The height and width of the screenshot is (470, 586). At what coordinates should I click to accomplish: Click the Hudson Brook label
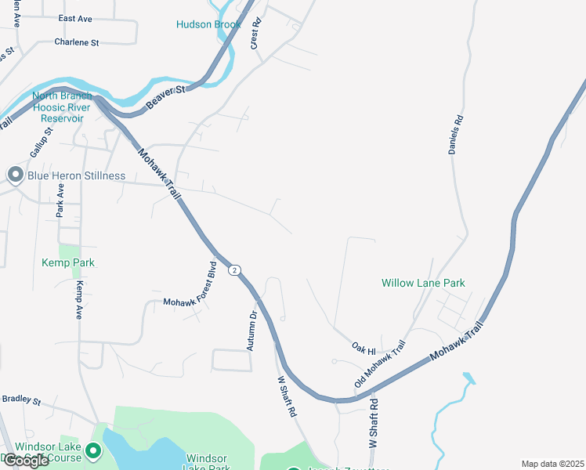(x=208, y=24)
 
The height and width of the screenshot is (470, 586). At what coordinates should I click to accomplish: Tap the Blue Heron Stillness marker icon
(x=15, y=175)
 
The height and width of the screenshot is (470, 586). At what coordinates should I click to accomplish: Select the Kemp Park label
(x=68, y=263)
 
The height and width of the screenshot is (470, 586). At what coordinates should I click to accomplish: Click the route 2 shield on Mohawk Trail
(x=233, y=270)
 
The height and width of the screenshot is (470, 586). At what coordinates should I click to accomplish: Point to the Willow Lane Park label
(x=423, y=283)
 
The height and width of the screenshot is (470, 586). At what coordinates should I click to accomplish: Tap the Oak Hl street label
(x=364, y=346)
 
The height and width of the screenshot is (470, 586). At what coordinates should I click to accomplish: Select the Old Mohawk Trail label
(x=380, y=363)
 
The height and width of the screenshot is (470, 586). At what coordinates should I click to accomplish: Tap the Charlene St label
(x=77, y=42)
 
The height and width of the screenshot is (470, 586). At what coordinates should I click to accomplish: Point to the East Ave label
(x=75, y=18)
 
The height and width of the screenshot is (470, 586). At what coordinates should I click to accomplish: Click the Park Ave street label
(x=60, y=200)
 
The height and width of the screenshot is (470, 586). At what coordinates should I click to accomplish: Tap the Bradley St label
(x=21, y=399)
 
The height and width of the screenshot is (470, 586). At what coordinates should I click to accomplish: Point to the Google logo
(x=25, y=461)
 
